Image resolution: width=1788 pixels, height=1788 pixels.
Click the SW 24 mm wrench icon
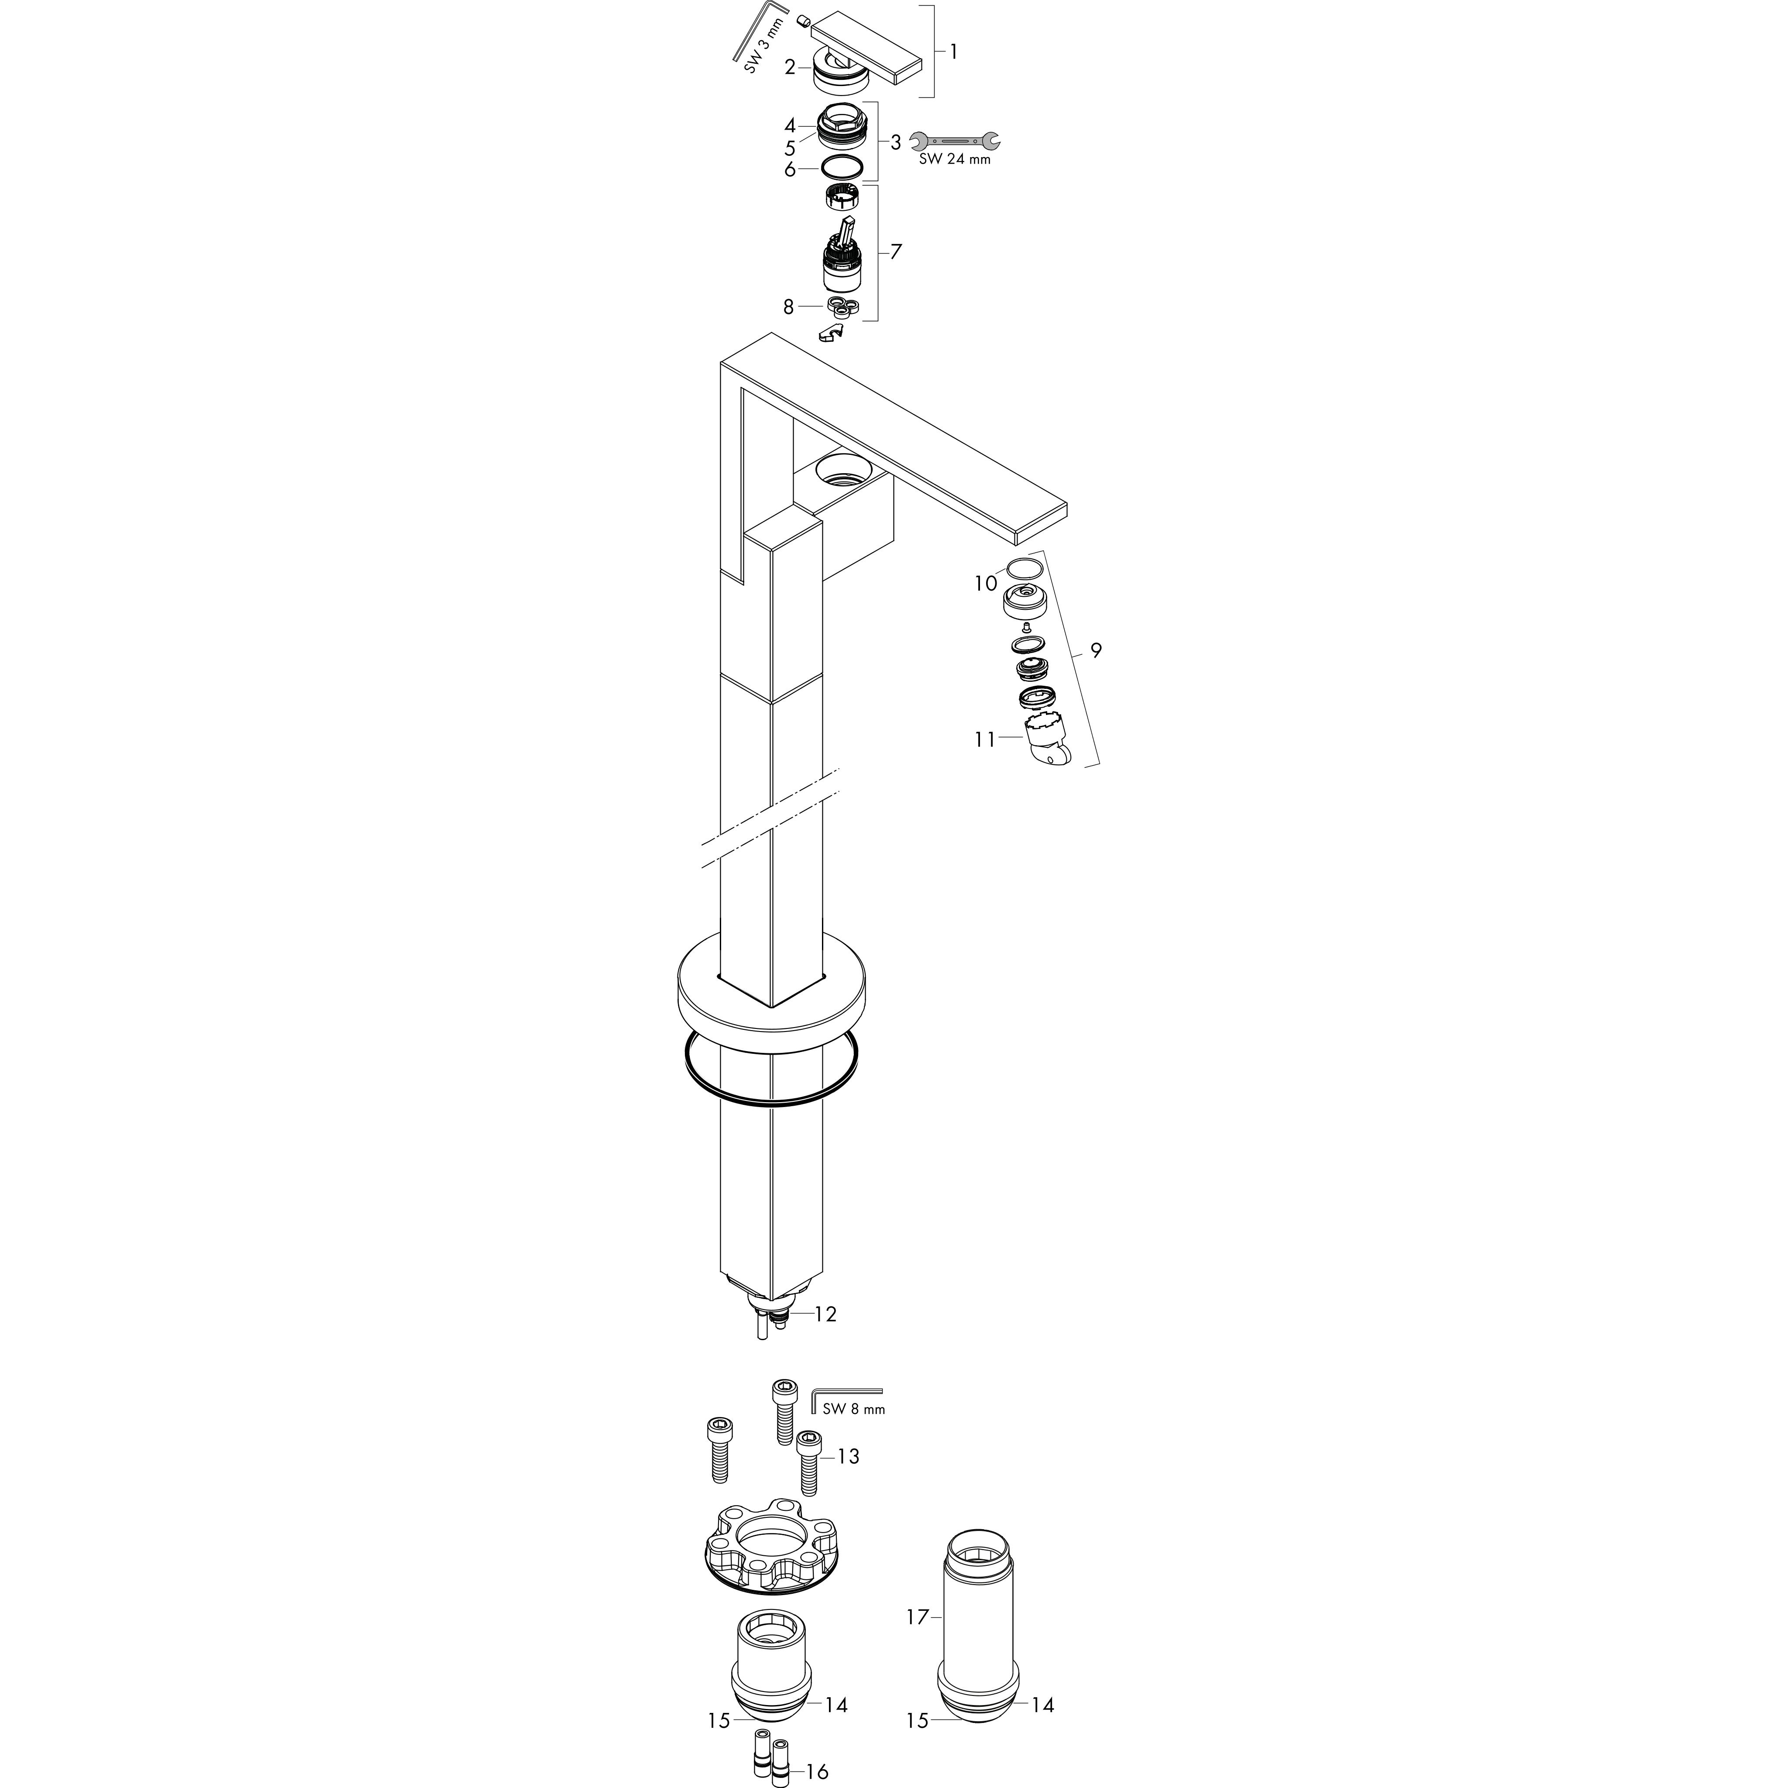point(954,141)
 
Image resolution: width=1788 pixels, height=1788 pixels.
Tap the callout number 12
point(825,1314)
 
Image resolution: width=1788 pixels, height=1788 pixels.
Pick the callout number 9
point(1096,650)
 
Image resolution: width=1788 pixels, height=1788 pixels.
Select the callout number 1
point(953,52)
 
